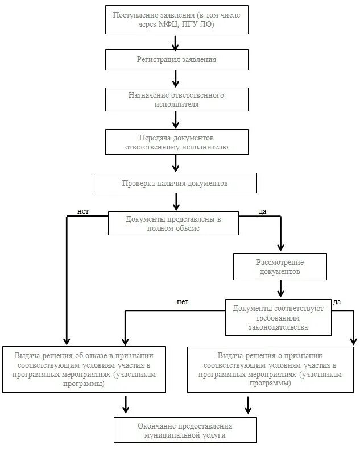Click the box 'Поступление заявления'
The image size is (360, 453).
click(176, 20)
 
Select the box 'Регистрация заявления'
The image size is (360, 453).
click(176, 60)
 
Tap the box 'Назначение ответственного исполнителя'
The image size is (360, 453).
click(176, 99)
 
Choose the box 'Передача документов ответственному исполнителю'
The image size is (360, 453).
click(176, 142)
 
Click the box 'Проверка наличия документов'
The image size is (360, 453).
click(176, 183)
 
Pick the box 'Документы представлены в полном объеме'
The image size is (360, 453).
click(173, 223)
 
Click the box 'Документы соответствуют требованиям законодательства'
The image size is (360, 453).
click(278, 317)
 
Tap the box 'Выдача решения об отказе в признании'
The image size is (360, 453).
click(84, 369)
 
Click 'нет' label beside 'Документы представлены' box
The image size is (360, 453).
click(83, 211)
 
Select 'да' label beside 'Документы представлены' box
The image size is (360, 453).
click(262, 211)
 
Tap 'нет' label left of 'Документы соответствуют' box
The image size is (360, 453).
click(183, 302)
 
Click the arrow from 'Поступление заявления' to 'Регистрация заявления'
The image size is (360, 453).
click(176, 41)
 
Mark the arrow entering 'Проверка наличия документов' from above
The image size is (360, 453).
click(176, 164)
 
